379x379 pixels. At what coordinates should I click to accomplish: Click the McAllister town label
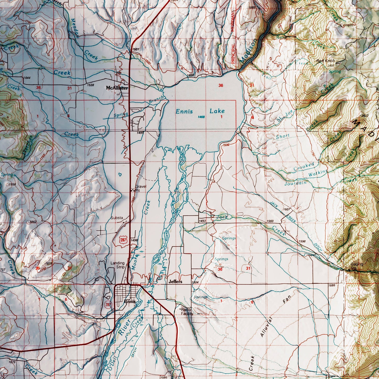(117, 88)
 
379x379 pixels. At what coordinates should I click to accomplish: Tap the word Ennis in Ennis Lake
(184, 111)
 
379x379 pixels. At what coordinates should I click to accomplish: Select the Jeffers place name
(175, 282)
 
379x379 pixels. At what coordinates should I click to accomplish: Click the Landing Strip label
(117, 265)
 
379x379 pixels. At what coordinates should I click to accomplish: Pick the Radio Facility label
(187, 312)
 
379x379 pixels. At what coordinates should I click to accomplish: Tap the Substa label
(117, 218)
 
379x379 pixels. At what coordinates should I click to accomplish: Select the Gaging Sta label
(357, 266)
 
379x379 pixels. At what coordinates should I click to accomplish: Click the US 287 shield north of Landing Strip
(123, 239)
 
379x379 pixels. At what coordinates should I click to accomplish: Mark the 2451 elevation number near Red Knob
(331, 66)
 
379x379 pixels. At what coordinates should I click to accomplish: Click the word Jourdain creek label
(295, 183)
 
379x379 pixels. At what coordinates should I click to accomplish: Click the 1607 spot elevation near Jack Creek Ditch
(287, 209)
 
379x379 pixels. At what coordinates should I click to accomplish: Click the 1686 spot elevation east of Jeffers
(332, 285)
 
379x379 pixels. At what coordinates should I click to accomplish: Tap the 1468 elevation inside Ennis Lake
(201, 117)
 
